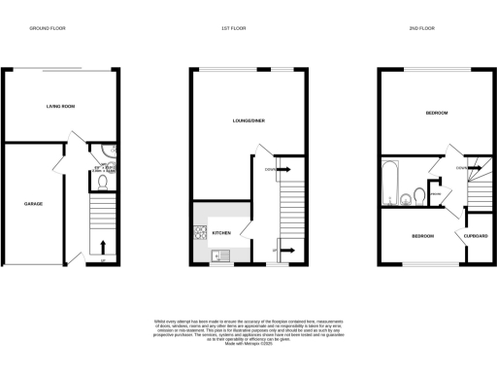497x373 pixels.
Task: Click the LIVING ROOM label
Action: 61,107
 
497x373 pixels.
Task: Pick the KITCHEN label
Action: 221,233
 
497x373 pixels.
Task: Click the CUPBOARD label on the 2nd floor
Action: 474,236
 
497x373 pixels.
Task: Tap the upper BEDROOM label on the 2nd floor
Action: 436,114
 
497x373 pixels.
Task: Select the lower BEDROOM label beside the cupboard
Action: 421,236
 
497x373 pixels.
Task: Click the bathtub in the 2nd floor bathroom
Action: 391,183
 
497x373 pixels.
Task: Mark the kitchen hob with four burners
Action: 201,232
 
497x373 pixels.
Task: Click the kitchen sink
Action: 219,256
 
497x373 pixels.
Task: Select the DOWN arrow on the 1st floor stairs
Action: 289,170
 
